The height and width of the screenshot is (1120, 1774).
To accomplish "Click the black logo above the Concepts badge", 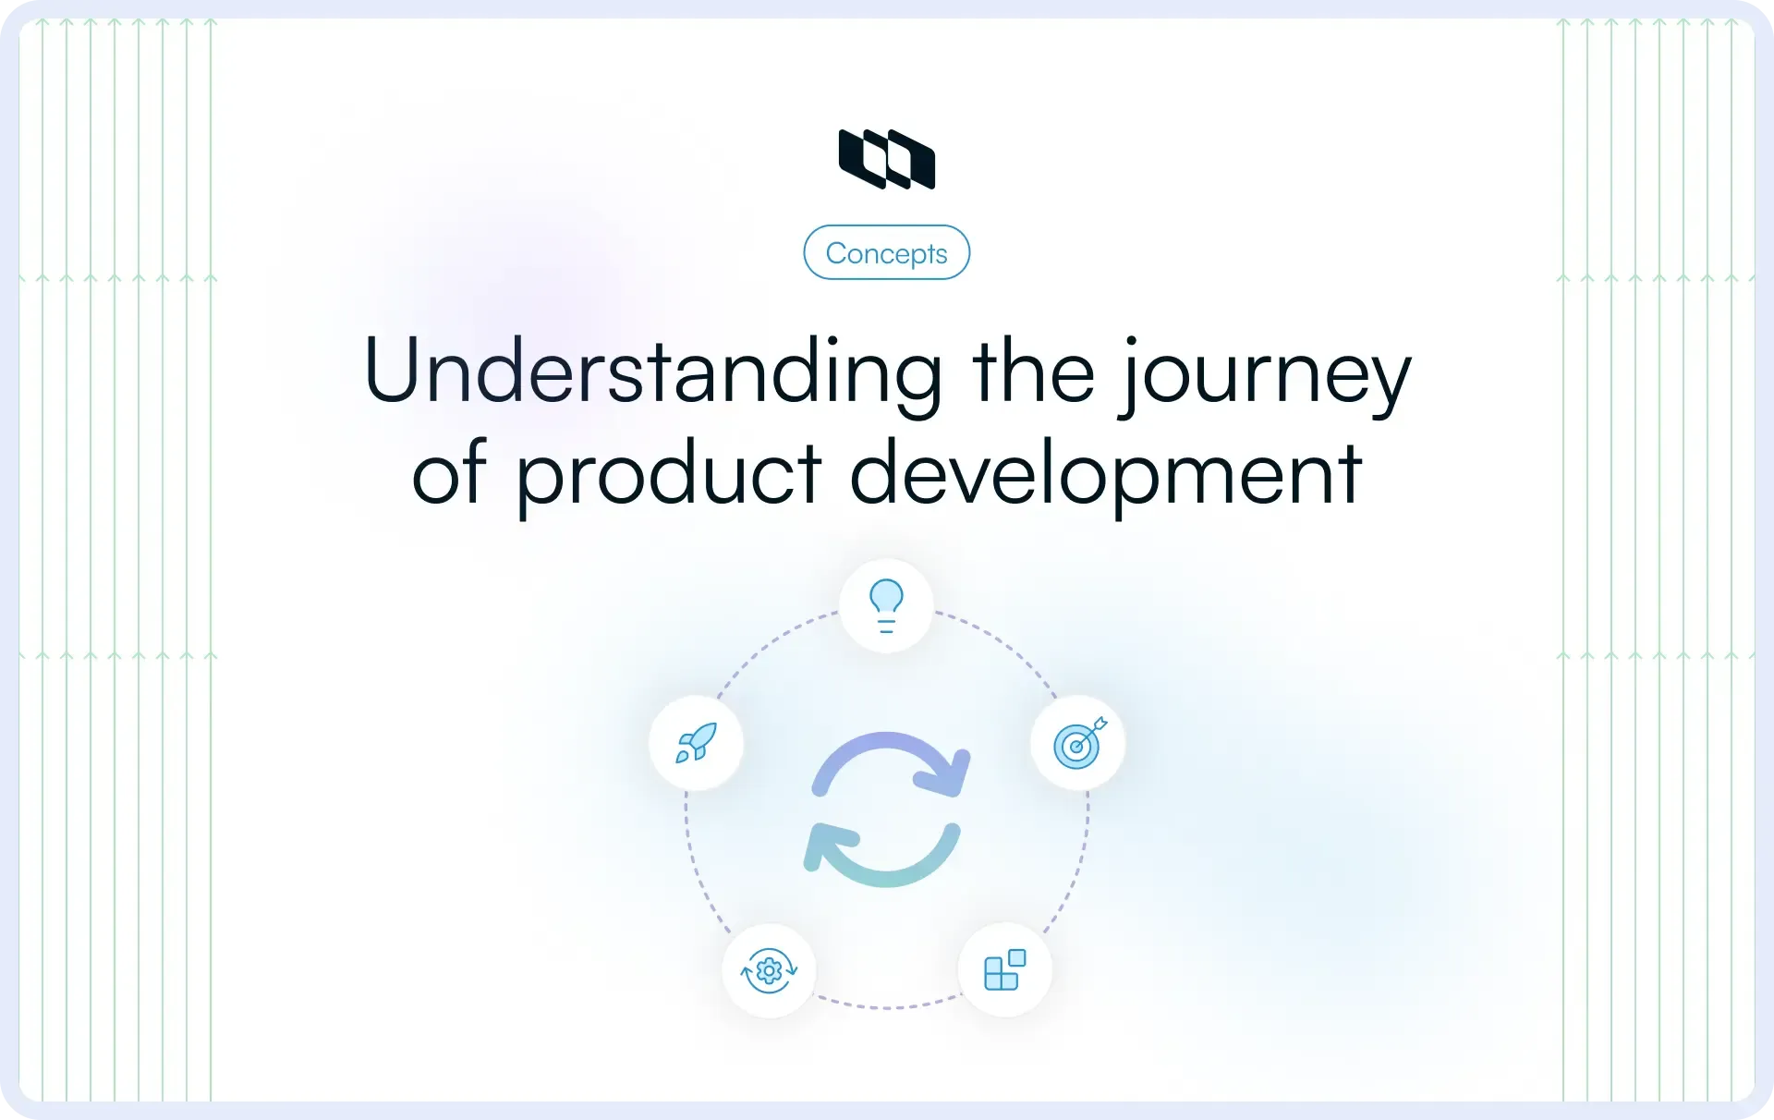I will point(887,159).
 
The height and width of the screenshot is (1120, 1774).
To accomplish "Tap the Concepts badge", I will point(887,252).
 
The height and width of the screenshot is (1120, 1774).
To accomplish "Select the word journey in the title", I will point(1266,374).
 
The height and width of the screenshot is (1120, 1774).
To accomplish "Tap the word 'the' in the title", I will point(1033,371).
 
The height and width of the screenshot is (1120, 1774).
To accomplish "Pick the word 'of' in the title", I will point(449,473).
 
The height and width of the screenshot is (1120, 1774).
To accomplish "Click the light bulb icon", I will point(886,605).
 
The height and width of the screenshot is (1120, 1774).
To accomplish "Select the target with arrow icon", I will point(1078,743).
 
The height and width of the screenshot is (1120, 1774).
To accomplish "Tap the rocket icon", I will point(696,743).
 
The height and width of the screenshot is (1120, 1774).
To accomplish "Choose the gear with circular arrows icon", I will point(769,970).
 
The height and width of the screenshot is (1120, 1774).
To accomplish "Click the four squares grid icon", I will point(1005,970).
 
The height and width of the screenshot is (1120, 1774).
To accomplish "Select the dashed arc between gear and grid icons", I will point(887,1006).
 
